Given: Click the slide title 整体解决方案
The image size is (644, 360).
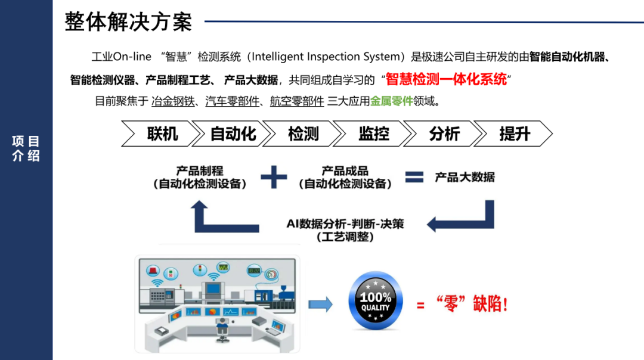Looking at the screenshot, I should click(128, 22).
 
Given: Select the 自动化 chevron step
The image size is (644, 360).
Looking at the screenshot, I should click(233, 134).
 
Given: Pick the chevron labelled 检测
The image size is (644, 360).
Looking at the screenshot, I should click(303, 134).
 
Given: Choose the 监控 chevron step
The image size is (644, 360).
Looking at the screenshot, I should click(373, 134).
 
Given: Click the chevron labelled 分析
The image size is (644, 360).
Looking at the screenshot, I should click(444, 134).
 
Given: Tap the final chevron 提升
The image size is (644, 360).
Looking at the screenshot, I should click(514, 134).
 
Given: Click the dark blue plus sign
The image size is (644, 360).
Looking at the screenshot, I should click(274, 177).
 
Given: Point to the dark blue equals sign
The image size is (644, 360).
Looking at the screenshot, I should click(414, 177).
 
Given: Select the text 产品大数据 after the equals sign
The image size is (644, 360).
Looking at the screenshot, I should click(465, 177).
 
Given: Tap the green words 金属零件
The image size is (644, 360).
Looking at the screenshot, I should click(392, 101).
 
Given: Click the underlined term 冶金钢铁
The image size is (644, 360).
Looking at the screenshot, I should click(174, 101).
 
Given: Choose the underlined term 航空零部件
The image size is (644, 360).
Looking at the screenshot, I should click(297, 101).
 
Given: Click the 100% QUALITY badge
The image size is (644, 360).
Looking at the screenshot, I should click(376, 302).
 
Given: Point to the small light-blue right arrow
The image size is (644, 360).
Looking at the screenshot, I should click(321, 305).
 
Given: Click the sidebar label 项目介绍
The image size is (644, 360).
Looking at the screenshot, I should click(26, 148).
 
